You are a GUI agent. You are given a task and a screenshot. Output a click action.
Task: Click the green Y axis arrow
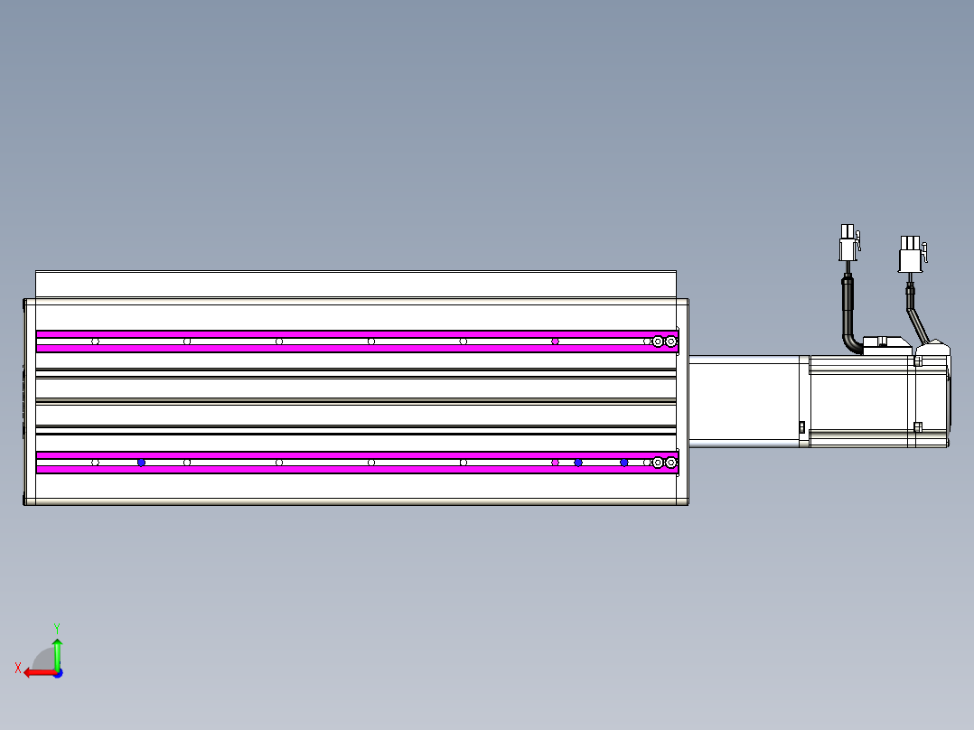[x=57, y=652]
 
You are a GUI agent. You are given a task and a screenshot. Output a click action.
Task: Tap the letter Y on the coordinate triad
[x=57, y=626]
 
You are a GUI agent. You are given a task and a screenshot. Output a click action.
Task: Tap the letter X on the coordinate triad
[x=18, y=668]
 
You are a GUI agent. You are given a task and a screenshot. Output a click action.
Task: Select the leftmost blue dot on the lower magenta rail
[x=141, y=463]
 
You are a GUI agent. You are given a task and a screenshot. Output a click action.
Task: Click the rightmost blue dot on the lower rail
[x=623, y=463]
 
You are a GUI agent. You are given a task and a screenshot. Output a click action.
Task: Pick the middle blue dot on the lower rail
[x=578, y=463]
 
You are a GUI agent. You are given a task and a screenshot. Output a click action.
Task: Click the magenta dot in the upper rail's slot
[x=555, y=342]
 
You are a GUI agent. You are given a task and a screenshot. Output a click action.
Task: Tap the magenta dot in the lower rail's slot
[x=555, y=463]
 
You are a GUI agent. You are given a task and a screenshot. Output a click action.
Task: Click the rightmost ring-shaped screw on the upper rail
[x=670, y=342]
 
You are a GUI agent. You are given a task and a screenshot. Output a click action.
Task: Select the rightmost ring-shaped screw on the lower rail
[x=670, y=463]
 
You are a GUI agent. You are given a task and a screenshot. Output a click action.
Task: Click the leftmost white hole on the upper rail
[x=95, y=342]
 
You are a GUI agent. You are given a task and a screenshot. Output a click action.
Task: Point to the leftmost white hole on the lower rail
[x=95, y=463]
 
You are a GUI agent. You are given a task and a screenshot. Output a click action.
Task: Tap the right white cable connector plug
[x=910, y=254]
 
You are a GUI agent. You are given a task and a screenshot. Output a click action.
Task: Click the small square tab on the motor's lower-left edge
[x=801, y=427]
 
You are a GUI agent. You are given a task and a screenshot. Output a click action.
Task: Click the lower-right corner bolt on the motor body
[x=917, y=427]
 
